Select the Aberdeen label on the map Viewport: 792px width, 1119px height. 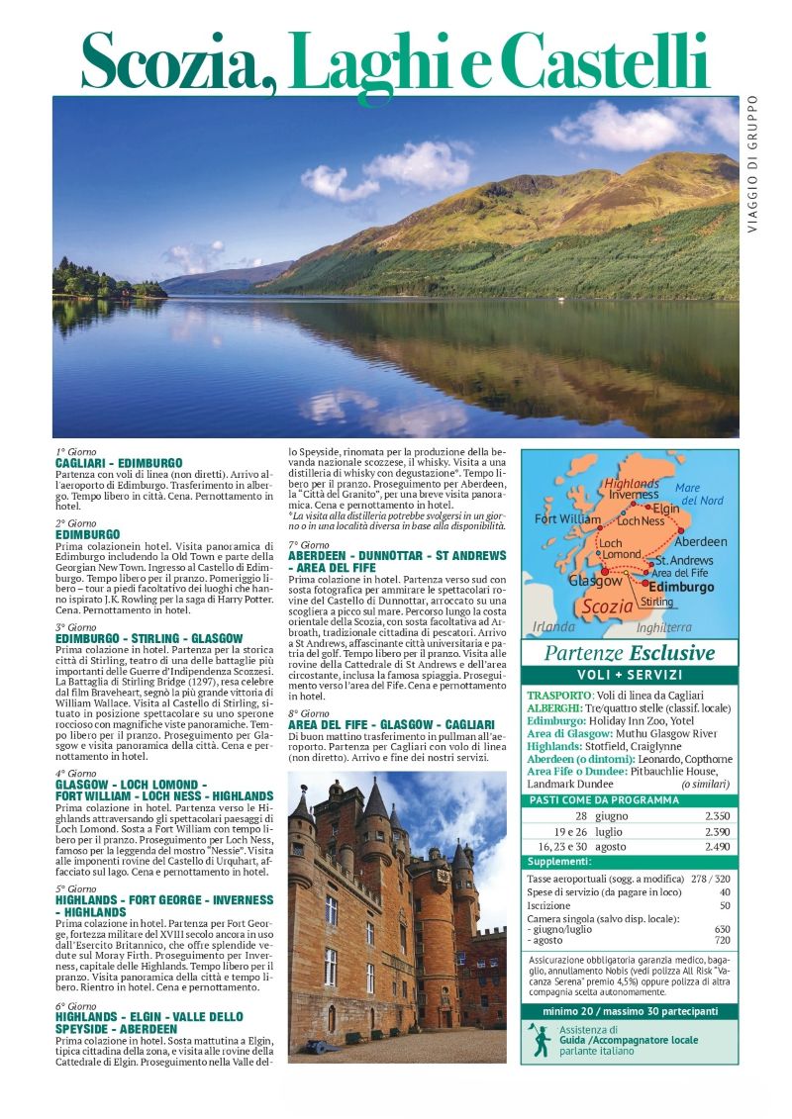click(701, 542)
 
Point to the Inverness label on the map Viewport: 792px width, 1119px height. click(634, 494)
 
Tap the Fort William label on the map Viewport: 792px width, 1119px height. click(567, 518)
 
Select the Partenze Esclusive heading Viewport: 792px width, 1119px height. click(630, 653)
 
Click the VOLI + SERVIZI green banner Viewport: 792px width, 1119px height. click(630, 675)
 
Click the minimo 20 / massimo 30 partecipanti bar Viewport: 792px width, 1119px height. click(630, 1011)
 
